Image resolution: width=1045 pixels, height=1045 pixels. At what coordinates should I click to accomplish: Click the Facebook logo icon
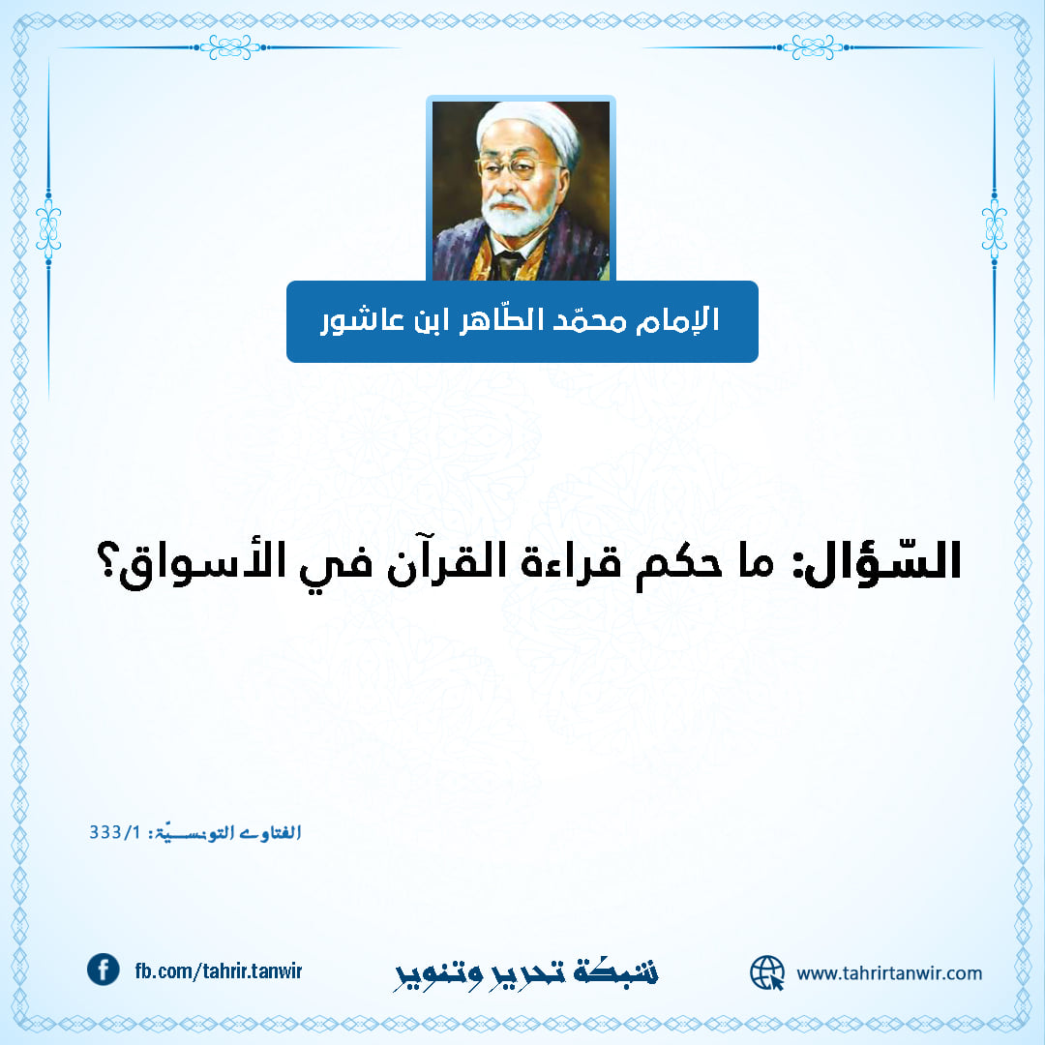[104, 970]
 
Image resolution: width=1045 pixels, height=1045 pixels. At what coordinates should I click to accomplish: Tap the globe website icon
[767, 972]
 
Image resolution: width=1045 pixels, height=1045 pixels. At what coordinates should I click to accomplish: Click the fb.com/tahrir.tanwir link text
[219, 971]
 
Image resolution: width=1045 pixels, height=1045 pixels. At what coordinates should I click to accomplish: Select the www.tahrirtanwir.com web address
[889, 973]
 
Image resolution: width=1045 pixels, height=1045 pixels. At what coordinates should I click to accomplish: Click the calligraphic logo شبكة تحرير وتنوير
[525, 974]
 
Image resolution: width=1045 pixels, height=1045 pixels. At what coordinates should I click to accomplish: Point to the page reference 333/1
[115, 832]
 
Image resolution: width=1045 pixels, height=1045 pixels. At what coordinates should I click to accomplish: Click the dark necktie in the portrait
[509, 264]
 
